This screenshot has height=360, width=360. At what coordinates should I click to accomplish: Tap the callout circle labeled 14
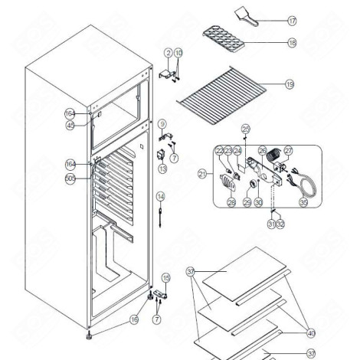(160, 198)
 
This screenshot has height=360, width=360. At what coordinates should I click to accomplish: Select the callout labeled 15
(165, 277)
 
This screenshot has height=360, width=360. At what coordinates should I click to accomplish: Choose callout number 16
(134, 320)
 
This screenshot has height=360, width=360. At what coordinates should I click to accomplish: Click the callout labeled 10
(178, 53)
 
